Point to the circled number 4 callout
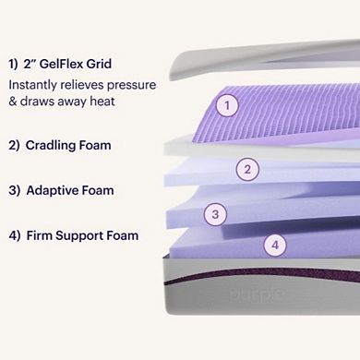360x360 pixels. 273,245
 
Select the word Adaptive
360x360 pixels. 57,190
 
